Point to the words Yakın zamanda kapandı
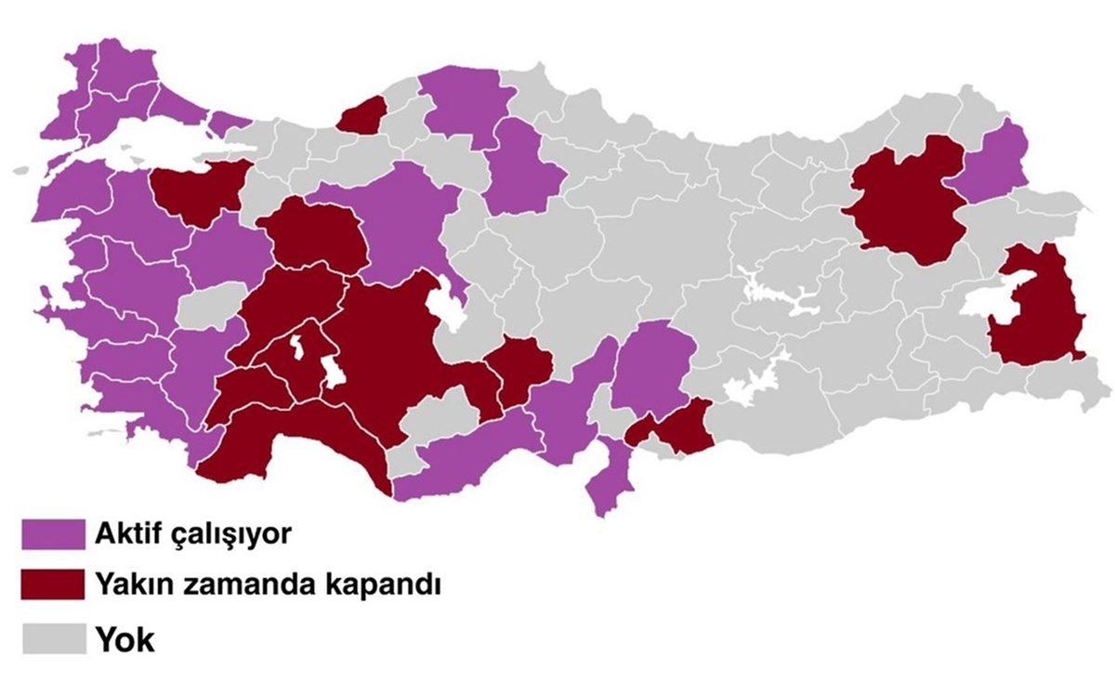coord(266,587)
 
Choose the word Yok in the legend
coord(125,640)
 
